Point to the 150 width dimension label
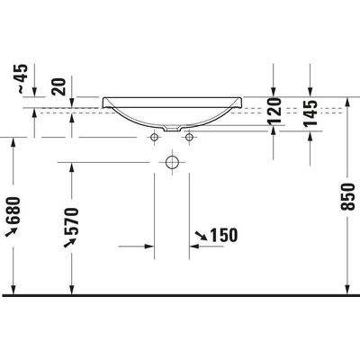pyautogui.click(x=223, y=235)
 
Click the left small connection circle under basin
pyautogui.click(x=155, y=137)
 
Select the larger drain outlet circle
pyautogui.click(x=173, y=163)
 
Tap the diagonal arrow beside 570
pyautogui.click(x=69, y=242)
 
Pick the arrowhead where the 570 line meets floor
pyautogui.click(x=72, y=289)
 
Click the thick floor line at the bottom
pyautogui.click(x=180, y=294)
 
